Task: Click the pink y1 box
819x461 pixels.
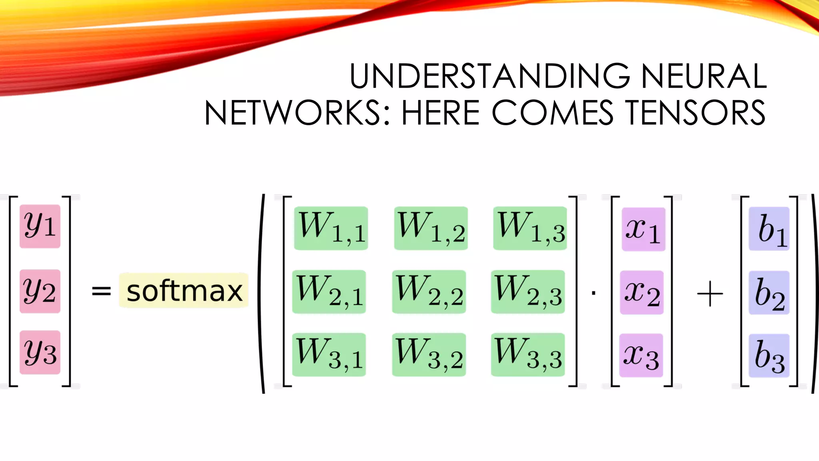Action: pyautogui.click(x=40, y=226)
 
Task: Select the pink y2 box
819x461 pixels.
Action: pyautogui.click(x=40, y=291)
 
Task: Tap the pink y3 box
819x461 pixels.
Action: pyautogui.click(x=40, y=353)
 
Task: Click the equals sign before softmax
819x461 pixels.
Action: pyautogui.click(x=101, y=291)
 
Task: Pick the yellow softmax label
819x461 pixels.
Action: pyautogui.click(x=184, y=291)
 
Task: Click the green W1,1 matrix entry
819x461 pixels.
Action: pyautogui.click(x=331, y=228)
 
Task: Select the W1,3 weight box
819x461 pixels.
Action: pyautogui.click(x=530, y=228)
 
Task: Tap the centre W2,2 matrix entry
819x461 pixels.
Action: pyautogui.click(x=429, y=292)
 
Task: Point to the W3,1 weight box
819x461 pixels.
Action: pyautogui.click(x=329, y=355)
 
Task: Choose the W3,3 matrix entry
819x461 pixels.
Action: pyautogui.click(x=528, y=355)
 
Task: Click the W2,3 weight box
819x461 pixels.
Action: pyautogui.click(x=528, y=292)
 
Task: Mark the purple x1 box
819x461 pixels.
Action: pyautogui.click(x=643, y=229)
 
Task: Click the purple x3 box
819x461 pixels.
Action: pyautogui.click(x=641, y=355)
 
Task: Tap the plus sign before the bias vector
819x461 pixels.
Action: pyautogui.click(x=710, y=294)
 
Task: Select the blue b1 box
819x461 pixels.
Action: pyautogui.click(x=769, y=229)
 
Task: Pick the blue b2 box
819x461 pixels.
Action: pyautogui.click(x=769, y=293)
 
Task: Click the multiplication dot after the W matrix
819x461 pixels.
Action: pyautogui.click(x=593, y=294)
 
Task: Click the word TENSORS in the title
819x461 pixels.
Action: pyautogui.click(x=695, y=113)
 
